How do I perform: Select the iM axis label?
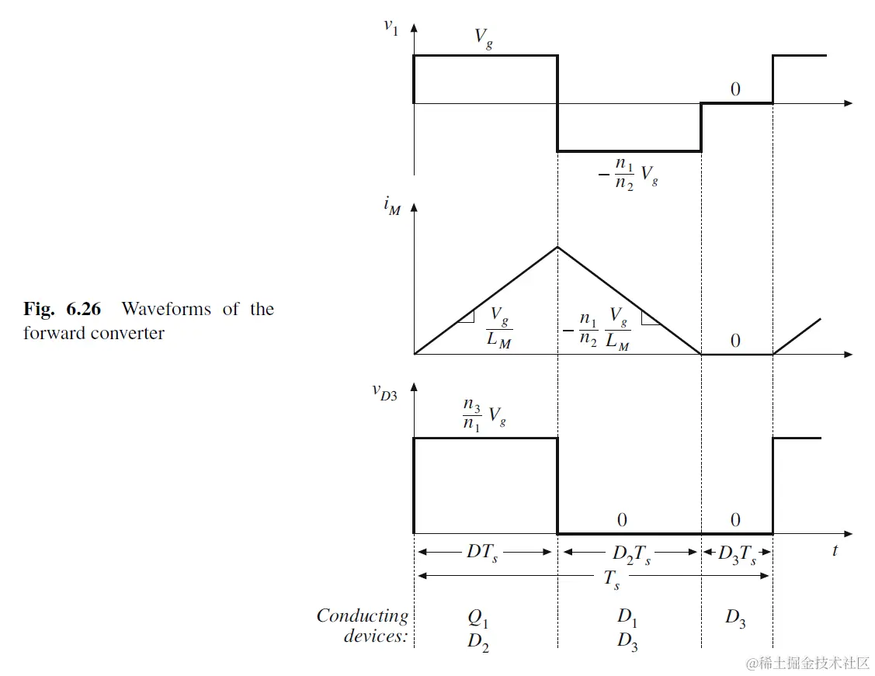coord(392,207)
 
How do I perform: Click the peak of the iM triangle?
coord(557,247)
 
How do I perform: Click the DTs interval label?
coord(482,552)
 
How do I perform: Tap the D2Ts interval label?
coord(631,553)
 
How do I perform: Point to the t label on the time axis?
coord(835,551)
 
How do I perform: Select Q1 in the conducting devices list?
coord(479,619)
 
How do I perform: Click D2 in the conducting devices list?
coord(479,642)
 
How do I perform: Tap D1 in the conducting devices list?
coord(628,619)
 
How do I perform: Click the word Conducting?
coord(362,616)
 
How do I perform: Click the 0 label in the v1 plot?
coord(735,89)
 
